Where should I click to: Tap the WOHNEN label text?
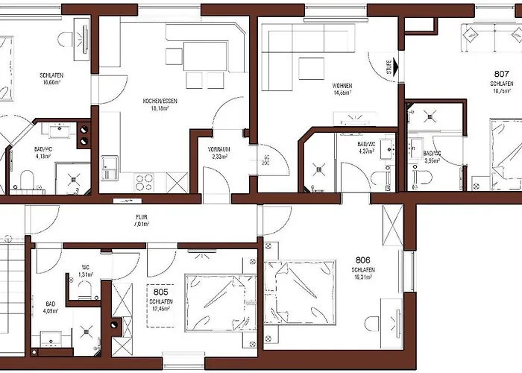coord(342,86)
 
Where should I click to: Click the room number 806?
coord(363,260)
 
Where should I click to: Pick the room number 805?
coord(160,292)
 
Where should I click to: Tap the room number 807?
coord(502,74)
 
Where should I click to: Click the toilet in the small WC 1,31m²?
coord(87,289)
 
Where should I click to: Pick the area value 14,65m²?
coord(342,93)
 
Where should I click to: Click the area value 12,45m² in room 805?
coord(160,308)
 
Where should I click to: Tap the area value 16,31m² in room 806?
coord(363,278)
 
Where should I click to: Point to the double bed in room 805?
coord(216,301)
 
